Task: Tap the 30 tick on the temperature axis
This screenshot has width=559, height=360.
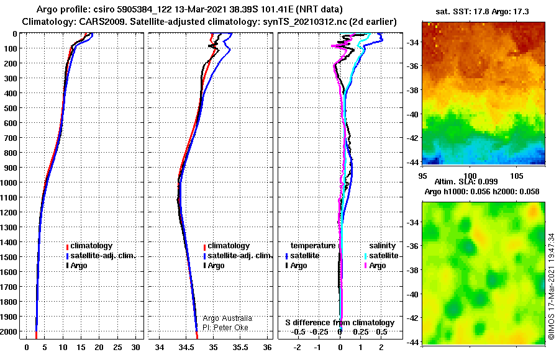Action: point(135,347)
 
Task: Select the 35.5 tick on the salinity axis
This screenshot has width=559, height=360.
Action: point(240,347)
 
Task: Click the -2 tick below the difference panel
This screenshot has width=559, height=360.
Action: point(298,347)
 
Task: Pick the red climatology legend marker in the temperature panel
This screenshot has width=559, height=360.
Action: point(67,246)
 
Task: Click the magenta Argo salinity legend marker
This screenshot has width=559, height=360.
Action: point(366,266)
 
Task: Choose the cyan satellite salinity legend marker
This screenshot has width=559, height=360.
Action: point(366,256)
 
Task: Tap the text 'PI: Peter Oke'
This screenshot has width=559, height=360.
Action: point(225,328)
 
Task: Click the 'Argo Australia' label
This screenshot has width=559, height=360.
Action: point(227,318)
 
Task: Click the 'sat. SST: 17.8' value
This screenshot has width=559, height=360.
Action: point(463,12)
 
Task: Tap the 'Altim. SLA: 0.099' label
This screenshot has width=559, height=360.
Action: point(466,181)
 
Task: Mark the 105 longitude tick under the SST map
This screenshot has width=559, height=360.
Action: point(517,176)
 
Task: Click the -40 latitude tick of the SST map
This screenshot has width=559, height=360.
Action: point(413,114)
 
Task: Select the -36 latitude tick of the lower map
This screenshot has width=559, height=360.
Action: point(413,246)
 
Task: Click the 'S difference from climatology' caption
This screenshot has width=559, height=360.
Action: point(340,323)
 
